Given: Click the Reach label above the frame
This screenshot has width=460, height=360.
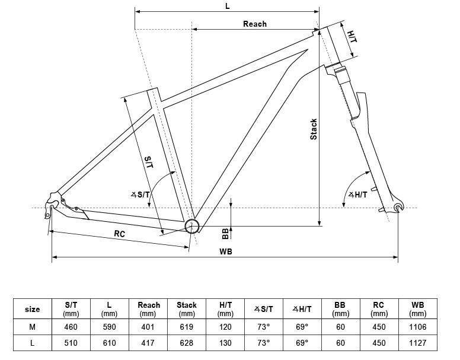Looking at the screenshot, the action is [255, 24].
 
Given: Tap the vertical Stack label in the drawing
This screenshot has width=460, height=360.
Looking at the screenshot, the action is [314, 129].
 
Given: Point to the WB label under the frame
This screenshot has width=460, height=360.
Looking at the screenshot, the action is [226, 251].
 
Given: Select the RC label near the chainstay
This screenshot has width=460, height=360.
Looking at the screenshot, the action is [119, 234].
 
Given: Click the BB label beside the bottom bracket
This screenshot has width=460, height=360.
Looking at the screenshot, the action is [225, 234].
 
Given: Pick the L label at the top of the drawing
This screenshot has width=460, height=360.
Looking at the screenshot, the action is [228, 6].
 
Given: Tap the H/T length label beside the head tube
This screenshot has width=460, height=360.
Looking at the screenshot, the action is [352, 36].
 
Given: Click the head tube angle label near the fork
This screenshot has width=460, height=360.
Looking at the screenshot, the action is [357, 195].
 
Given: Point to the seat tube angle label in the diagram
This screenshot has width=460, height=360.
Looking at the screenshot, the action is [140, 195].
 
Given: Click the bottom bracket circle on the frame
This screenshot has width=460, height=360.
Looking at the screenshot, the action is [192, 226].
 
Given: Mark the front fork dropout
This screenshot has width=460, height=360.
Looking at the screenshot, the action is [398, 206].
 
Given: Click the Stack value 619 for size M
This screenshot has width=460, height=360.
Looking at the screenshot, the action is [187, 327].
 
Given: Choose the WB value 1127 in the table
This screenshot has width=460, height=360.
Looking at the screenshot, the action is [417, 343].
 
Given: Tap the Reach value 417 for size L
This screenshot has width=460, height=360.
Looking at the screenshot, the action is [148, 343].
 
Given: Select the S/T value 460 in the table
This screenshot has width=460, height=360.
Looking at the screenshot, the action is [71, 327].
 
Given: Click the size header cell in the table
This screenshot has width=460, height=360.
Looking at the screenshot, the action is [32, 309].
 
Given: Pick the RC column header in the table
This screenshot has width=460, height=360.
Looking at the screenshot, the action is [379, 309].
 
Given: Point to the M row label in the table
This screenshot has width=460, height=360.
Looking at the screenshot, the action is [32, 327].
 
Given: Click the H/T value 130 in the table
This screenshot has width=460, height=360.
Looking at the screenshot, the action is [225, 343].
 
